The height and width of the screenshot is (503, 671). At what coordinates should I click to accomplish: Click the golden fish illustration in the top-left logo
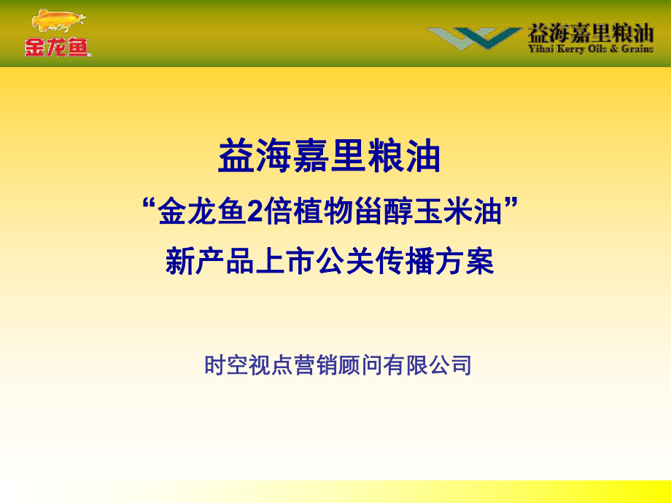[58, 20]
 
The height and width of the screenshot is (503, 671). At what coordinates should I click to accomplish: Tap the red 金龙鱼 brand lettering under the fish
[58, 47]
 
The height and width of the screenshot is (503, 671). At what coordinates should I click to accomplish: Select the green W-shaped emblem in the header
[474, 38]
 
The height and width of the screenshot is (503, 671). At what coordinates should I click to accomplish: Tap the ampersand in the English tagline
[614, 49]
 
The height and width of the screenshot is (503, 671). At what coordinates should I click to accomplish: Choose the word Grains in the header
[637, 49]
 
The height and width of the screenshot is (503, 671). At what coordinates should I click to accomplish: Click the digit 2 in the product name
[255, 211]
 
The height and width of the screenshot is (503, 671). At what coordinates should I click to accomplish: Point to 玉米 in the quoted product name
[441, 211]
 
